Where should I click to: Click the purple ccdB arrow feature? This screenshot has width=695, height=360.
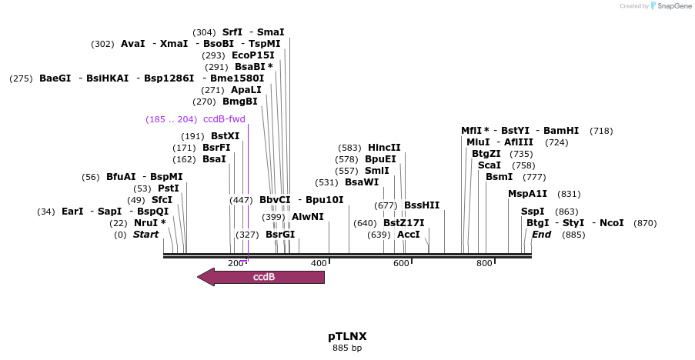pyautogui.click(x=262, y=277)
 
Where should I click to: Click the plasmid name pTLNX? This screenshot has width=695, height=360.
pyautogui.click(x=347, y=336)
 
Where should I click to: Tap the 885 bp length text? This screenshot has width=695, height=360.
pyautogui.click(x=347, y=348)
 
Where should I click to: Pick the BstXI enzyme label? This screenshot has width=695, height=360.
pyautogui.click(x=225, y=136)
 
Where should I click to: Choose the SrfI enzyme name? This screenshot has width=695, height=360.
pyautogui.click(x=232, y=32)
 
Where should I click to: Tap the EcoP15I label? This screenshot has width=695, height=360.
pyautogui.click(x=252, y=55)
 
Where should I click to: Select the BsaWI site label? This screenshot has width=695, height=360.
pyautogui.click(x=362, y=182)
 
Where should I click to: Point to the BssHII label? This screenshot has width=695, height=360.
pyautogui.click(x=422, y=205)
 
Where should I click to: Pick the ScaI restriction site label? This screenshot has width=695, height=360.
pyautogui.click(x=490, y=165)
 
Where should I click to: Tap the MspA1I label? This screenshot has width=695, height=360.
pyautogui.click(x=527, y=194)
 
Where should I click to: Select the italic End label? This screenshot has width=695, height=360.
pyautogui.click(x=541, y=235)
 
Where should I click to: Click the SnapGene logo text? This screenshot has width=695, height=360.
pyautogui.click(x=672, y=6)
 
